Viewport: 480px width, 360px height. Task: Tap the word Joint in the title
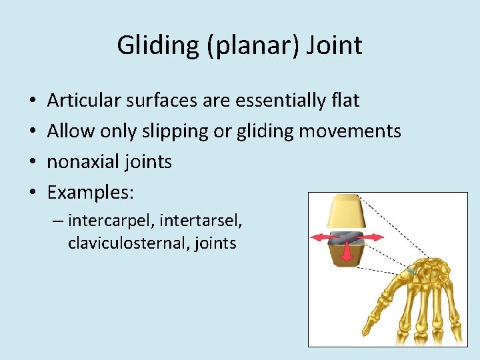pos(337,45)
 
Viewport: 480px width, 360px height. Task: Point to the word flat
pos(345,101)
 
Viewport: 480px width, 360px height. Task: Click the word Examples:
pos(91,193)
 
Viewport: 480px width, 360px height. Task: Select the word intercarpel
pos(110,220)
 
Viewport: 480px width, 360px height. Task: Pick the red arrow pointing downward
pos(347,253)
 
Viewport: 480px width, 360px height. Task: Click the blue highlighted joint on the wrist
pos(411,270)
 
